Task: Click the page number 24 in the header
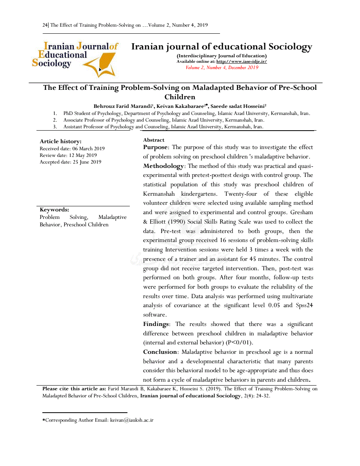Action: point(45,25)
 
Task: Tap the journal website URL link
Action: point(242,62)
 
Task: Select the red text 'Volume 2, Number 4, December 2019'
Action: point(222,67)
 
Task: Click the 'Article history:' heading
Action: point(60,141)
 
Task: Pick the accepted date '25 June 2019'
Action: point(87,162)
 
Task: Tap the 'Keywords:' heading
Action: point(54,210)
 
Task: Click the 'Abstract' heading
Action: point(154,140)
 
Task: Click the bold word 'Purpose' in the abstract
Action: point(155,147)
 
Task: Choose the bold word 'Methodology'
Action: point(163,166)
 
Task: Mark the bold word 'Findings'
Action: point(156,324)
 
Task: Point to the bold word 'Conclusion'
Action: point(160,352)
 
